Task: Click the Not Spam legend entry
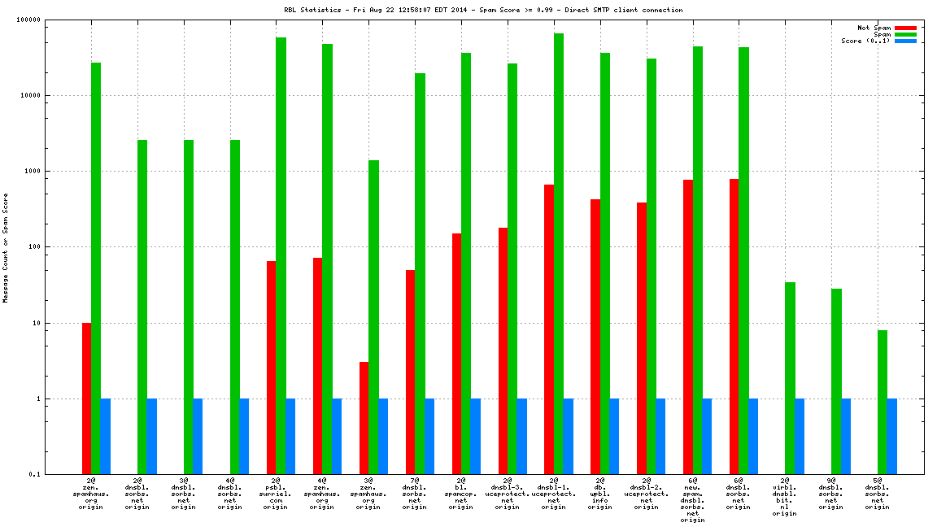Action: point(874,28)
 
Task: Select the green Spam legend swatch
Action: point(905,34)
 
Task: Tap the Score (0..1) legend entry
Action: point(865,41)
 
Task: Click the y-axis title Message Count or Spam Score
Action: point(5,247)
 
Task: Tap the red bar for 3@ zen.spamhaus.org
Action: point(364,418)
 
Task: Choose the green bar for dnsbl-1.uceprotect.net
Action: point(559,254)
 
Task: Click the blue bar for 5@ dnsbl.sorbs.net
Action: point(892,436)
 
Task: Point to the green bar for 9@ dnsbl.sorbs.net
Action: point(837,381)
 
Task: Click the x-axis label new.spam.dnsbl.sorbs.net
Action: point(692,500)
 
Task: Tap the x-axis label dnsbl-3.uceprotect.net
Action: point(508,494)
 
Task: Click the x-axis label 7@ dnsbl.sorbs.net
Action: point(415,494)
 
